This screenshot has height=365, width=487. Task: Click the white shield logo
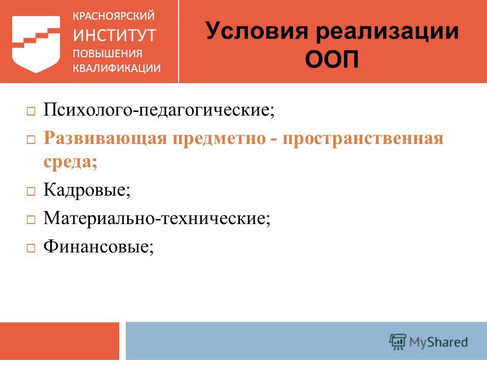pos(36,44)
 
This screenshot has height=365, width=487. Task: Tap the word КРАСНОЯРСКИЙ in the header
pos(114,16)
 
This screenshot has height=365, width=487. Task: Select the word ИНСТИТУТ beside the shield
pos(114,35)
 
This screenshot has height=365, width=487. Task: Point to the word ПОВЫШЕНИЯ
pos(108,54)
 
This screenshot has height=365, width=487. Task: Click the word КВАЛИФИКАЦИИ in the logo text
pos(117,68)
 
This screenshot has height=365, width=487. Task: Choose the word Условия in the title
pos(257,31)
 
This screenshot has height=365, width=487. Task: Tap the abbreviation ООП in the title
pos(332,59)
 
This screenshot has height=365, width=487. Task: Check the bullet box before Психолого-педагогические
pos(31,112)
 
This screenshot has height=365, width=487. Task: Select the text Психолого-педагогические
pos(159,109)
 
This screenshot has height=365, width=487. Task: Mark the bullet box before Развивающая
pos(31,140)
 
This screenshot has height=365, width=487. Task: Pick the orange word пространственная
pos(363,139)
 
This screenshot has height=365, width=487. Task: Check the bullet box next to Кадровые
pos(31,191)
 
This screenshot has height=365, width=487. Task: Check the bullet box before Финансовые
pos(31,248)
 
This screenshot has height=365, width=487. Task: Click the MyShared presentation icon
pos(398,342)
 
